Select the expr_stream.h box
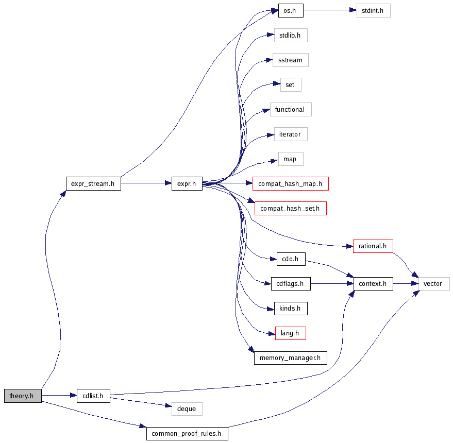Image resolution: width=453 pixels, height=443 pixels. point(93,183)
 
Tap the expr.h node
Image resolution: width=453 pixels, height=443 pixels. point(187,183)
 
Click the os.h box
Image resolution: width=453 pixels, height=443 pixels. point(290,10)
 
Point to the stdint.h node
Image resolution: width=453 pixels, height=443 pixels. point(373,10)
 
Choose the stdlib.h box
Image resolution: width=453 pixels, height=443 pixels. point(290,36)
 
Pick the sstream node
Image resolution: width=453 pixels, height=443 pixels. point(290,60)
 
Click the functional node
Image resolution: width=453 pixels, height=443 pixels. point(290,110)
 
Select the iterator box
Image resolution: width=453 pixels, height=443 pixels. point(290,134)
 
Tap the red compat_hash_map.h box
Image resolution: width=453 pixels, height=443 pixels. point(290,183)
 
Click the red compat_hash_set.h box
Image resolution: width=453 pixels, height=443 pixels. point(290,209)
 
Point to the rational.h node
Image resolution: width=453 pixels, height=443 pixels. point(373,246)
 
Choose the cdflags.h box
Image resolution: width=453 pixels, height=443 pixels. point(290,283)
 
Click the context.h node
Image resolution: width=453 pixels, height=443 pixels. point(373,283)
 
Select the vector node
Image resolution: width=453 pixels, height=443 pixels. point(433,283)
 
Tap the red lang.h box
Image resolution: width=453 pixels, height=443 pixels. point(290,333)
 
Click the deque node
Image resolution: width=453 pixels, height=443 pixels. point(187,409)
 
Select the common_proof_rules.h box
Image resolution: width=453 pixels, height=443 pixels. point(187,434)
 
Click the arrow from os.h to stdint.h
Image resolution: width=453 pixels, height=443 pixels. point(329,10)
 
